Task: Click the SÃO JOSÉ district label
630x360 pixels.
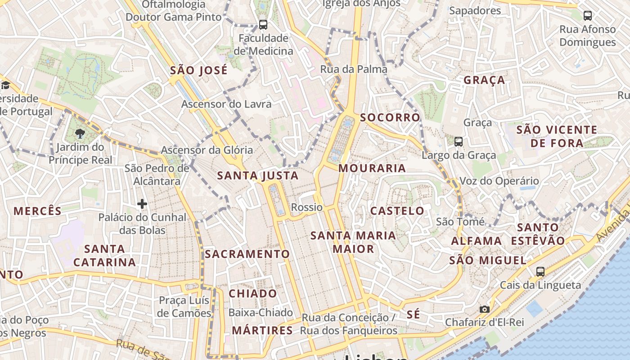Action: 198,70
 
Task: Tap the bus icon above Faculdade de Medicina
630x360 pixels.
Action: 263,25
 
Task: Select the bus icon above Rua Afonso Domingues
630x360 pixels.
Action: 587,16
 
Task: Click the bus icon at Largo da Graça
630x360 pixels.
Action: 459,142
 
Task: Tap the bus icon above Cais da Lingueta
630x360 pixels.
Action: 540,272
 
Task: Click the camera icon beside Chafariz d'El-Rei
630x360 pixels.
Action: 484,309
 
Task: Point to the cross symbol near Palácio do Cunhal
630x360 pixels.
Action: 142,204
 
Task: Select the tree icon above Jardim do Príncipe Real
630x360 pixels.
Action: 80,133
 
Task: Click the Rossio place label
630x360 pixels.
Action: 307,207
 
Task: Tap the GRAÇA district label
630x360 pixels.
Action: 484,80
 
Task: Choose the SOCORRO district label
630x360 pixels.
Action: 390,117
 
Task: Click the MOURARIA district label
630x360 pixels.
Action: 372,168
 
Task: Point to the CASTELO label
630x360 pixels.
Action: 397,211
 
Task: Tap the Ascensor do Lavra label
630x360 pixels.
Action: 226,104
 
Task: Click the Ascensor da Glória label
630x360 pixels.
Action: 207,150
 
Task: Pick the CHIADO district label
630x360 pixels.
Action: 253,293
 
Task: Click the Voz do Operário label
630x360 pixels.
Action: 499,181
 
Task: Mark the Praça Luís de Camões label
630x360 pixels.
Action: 184,306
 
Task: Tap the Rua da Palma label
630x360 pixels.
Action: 354,69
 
